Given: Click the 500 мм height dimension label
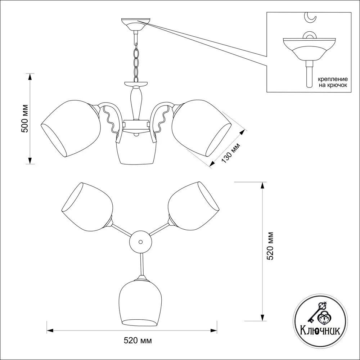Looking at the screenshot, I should point(25,118).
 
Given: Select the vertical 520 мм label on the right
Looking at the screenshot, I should point(271,246).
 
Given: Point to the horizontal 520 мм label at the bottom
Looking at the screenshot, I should point(137,341).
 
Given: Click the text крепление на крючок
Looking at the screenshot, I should point(332,82).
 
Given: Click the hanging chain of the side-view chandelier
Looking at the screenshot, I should point(136,61).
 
